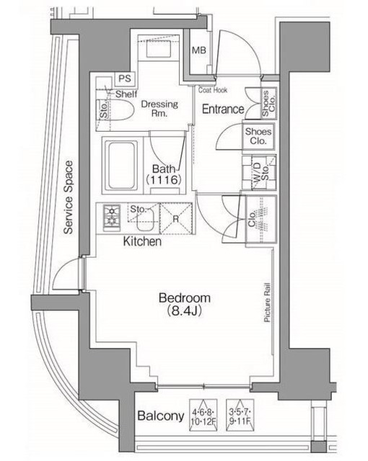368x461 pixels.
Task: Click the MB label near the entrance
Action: tap(199, 50)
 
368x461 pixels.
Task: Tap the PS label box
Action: tap(124, 79)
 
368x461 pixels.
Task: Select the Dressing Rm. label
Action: tap(159, 108)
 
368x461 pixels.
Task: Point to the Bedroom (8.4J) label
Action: tap(184, 304)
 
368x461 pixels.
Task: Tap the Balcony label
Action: tap(159, 416)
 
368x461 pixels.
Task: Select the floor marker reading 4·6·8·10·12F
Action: tap(204, 414)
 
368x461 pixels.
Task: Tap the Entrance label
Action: tap(222, 109)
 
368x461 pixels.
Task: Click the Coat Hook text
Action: tap(213, 90)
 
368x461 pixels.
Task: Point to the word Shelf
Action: tap(126, 94)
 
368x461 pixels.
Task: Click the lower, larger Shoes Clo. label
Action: tap(258, 136)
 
